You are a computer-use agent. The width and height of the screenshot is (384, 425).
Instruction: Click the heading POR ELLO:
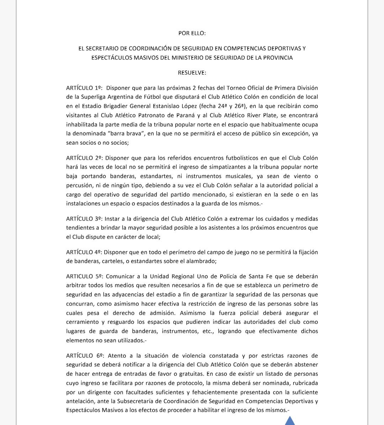[x=192, y=33]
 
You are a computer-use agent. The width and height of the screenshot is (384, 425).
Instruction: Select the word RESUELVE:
[x=192, y=73]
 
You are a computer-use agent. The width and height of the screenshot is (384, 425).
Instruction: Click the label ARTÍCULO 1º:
[x=84, y=88]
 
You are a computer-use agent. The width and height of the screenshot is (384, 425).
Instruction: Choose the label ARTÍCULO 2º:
[x=84, y=158]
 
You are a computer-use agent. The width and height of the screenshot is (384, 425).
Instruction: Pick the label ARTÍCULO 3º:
[x=84, y=219]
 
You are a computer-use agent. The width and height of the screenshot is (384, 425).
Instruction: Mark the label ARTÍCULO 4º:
[x=84, y=252]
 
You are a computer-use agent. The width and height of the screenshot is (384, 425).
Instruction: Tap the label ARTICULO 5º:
[x=84, y=276]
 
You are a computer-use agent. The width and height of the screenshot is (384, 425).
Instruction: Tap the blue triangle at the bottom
[x=290, y=421]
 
